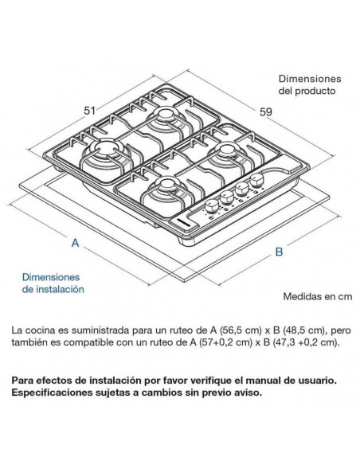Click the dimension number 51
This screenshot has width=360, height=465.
coord(89,111)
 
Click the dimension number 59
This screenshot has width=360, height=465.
coord(266,112)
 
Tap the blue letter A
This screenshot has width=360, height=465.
coord(76,243)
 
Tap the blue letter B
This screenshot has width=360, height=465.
coord(279,252)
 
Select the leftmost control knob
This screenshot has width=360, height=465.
coord(212,206)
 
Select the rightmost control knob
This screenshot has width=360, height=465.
coord(256,180)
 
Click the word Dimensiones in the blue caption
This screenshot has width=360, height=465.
coord(51,277)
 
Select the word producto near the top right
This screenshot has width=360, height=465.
coord(315,91)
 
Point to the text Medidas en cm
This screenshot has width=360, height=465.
coord(318,296)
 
